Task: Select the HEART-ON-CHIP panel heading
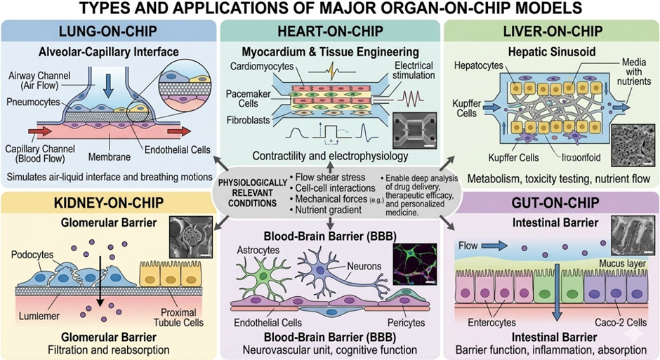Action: click(329, 34)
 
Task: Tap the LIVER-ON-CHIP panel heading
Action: click(550, 34)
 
